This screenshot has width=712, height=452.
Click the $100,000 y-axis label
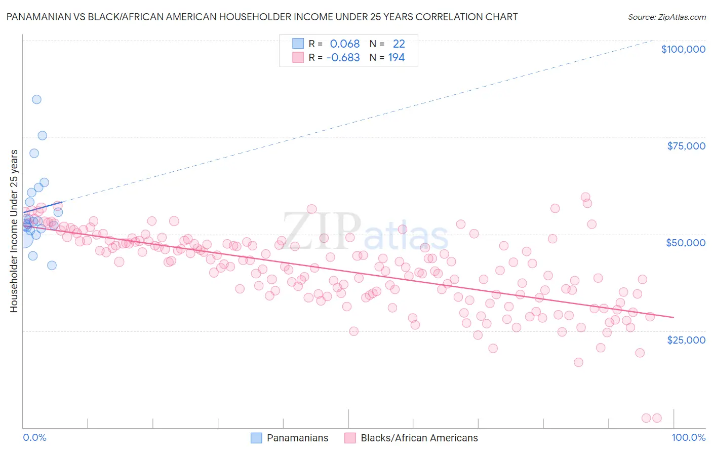[x=683, y=49]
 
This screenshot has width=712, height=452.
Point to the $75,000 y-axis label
[x=686, y=146]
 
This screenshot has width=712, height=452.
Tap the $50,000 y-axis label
[x=686, y=243]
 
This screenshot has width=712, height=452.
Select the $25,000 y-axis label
[x=686, y=340]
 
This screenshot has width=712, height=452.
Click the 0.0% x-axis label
[x=34, y=438]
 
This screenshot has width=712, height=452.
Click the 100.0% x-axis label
[x=689, y=438]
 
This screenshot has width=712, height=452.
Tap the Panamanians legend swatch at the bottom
[x=257, y=438]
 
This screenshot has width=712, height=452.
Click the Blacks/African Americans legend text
[x=419, y=438]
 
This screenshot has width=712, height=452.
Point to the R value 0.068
[x=345, y=44]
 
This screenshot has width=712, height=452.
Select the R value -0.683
[x=343, y=57]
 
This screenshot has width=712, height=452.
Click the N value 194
[x=397, y=57]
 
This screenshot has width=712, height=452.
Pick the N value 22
[x=399, y=44]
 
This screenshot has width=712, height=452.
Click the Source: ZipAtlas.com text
[x=667, y=17]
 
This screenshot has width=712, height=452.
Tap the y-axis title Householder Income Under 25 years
[x=14, y=231]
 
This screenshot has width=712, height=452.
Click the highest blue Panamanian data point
[x=36, y=99]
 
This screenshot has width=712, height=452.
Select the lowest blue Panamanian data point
[x=52, y=265]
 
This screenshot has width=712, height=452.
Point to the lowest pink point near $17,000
[x=578, y=362]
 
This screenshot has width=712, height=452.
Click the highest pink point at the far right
[x=585, y=197]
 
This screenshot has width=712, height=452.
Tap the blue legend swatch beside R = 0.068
[x=298, y=44]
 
